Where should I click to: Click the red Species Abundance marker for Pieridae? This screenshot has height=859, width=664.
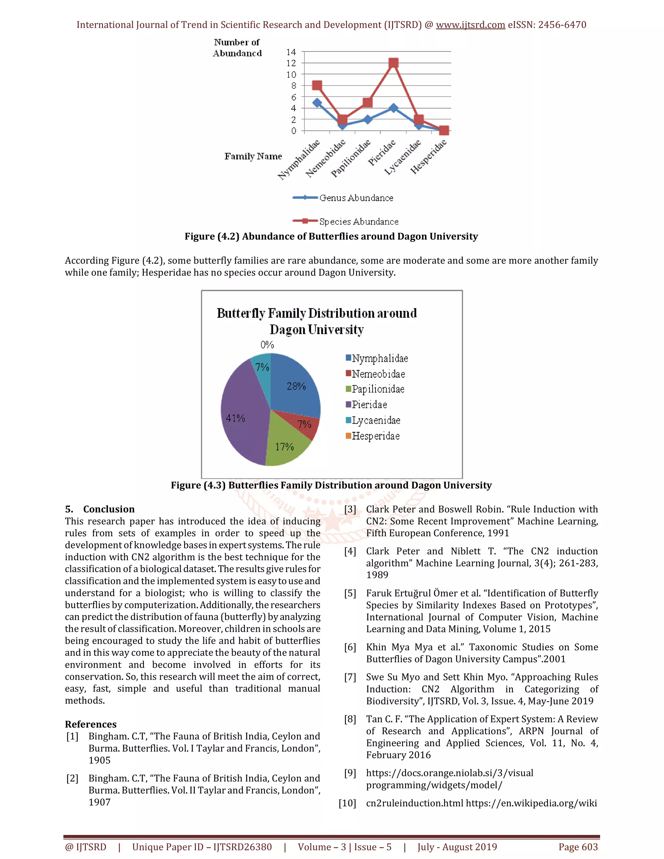click(x=393, y=63)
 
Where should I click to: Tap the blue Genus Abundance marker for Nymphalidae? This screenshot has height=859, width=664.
click(x=317, y=103)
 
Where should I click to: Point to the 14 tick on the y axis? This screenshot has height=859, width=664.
click(x=291, y=52)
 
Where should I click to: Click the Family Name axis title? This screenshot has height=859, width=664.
click(x=253, y=157)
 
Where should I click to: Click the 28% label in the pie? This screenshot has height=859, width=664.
click(x=296, y=386)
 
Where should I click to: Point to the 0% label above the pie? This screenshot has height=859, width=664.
click(x=267, y=345)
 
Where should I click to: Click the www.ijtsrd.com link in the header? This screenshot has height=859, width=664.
click(x=470, y=25)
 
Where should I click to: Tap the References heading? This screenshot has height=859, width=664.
click(x=91, y=724)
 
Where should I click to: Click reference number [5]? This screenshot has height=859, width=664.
click(x=350, y=593)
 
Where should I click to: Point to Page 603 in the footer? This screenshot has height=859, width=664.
click(x=578, y=847)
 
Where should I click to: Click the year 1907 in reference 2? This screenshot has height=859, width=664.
click(x=100, y=802)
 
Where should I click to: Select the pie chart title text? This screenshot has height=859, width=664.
click(x=317, y=321)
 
